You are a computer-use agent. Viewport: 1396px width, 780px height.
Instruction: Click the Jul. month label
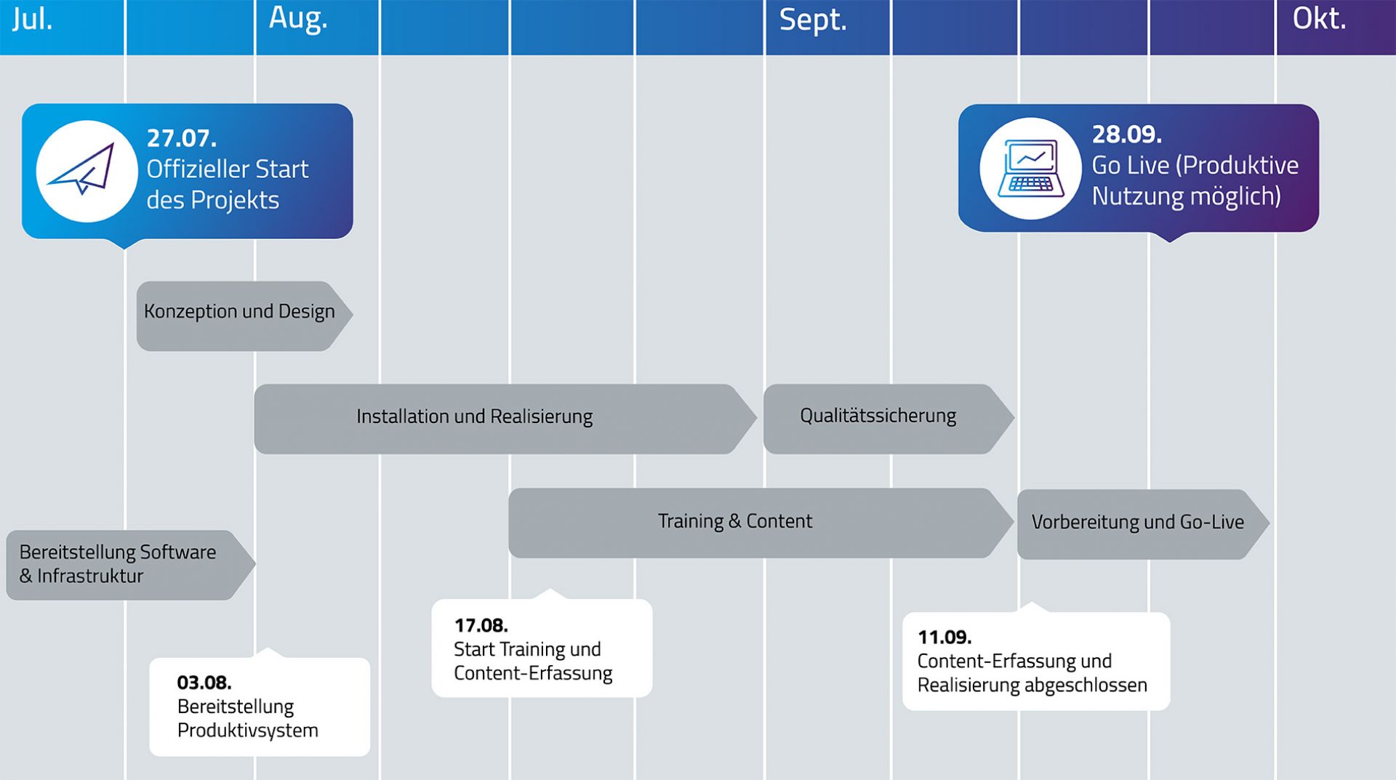coord(33,19)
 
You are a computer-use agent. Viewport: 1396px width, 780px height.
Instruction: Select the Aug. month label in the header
coord(298,19)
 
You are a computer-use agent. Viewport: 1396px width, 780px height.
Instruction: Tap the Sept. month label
coord(813,20)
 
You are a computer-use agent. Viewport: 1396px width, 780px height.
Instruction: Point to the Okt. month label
coord(1319,19)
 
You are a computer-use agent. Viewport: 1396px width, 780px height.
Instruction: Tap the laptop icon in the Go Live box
coord(1030,169)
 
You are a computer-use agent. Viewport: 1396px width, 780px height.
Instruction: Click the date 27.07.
coord(182,138)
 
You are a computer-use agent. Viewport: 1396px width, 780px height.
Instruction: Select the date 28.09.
coord(1127,134)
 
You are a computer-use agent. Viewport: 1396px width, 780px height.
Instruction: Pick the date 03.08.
coord(204,683)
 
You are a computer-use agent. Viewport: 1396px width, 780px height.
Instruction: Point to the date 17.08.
coord(481,625)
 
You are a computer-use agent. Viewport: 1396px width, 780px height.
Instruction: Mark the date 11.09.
coord(944,638)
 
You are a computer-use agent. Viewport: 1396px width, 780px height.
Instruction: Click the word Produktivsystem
coord(248,731)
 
